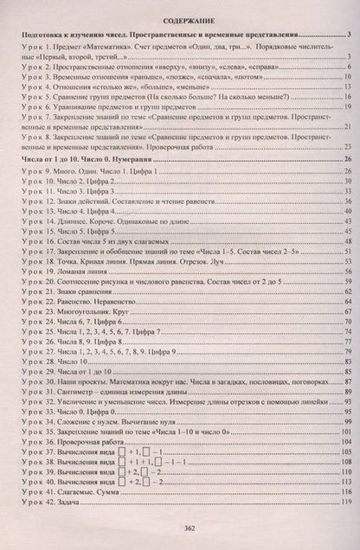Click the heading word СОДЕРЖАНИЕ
(x=180, y=16)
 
